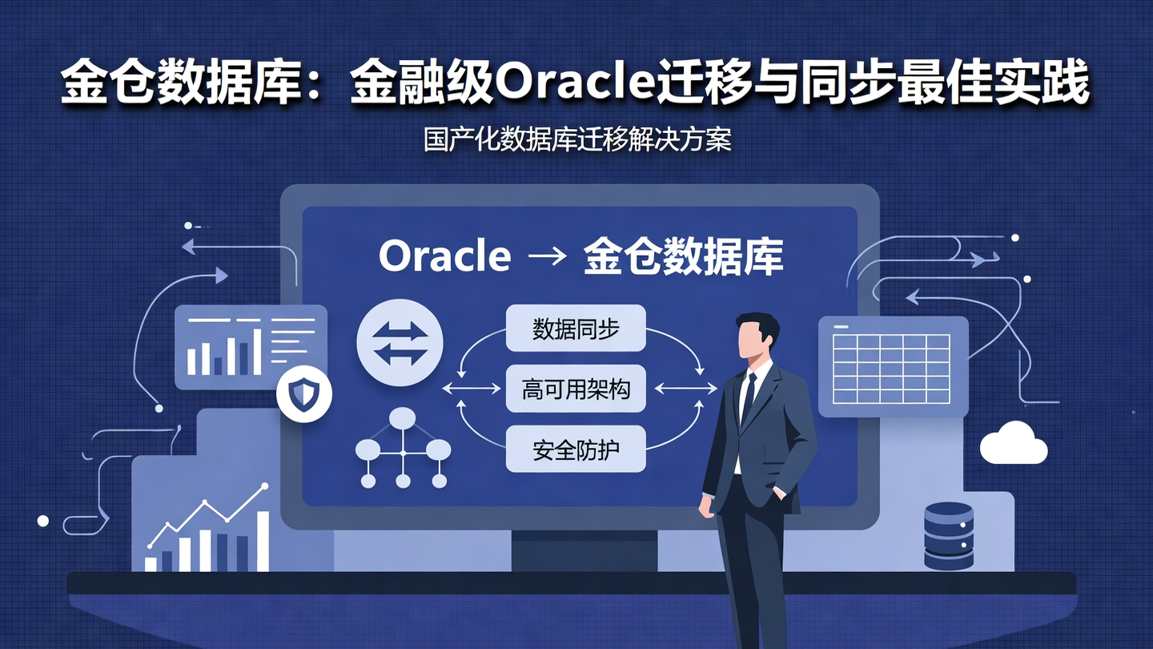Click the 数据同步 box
[575, 328]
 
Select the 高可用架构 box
[575, 389]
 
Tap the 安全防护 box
[575, 449]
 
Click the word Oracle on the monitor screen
[444, 256]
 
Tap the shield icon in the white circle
[303, 394]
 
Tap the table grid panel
[892, 366]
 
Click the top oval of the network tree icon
[403, 417]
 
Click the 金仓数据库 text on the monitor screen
[683, 256]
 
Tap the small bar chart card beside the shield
[250, 347]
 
